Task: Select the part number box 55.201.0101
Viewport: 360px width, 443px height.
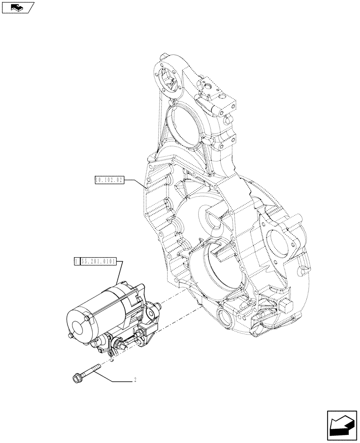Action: [98, 262]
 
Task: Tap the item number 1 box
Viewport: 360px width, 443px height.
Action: [77, 262]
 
